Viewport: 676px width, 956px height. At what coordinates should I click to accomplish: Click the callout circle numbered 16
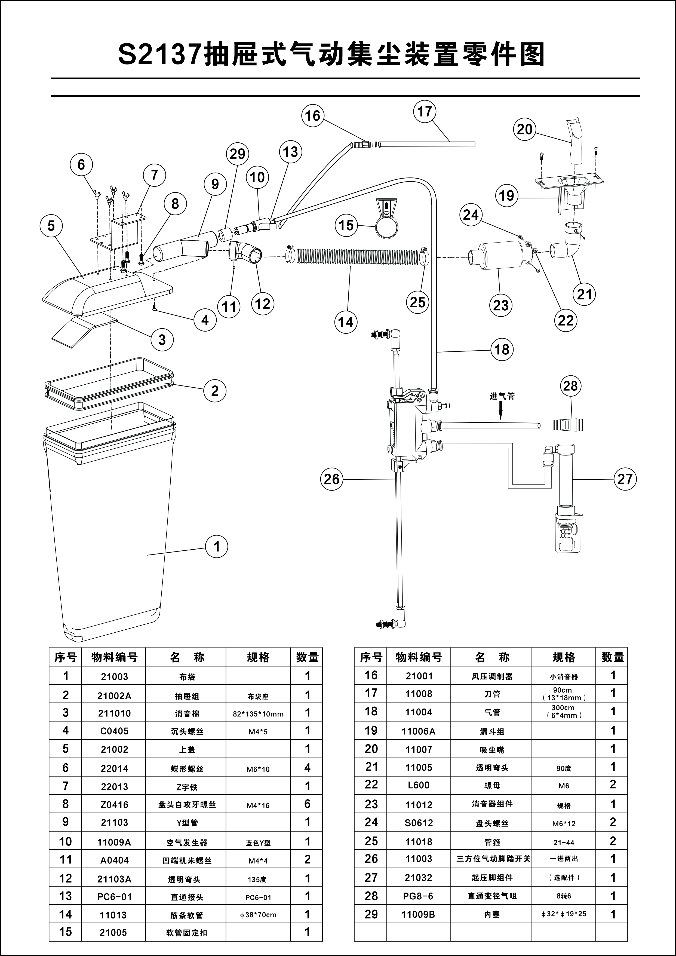pos(313,115)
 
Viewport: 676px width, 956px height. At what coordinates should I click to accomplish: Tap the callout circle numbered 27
pos(625,479)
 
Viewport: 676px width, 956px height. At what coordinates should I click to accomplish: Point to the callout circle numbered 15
pos(346,225)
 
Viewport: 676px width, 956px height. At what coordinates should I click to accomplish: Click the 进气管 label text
pos(502,396)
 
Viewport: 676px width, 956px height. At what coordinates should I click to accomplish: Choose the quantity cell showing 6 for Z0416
pos(307,804)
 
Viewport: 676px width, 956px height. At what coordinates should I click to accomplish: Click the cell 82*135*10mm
pos(258,714)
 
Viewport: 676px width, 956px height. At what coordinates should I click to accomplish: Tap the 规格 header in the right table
pos(564,657)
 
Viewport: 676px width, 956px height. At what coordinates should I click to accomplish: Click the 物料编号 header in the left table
pos(114,657)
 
